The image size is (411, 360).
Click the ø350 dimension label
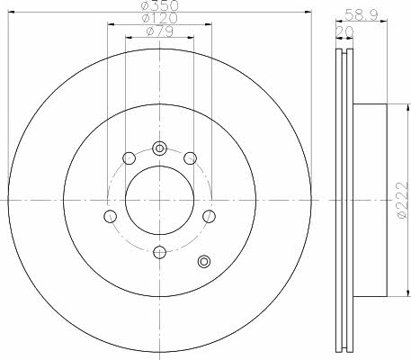[160, 4]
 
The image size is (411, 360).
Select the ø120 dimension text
[160, 18]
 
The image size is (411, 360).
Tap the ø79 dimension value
[160, 31]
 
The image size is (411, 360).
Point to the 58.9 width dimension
[361, 14]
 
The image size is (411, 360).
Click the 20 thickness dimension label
[344, 31]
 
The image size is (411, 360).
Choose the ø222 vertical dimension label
[404, 200]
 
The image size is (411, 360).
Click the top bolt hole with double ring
[159, 148]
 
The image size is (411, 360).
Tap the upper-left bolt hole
[130, 158]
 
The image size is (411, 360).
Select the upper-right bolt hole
[190, 158]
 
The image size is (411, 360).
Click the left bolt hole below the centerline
[110, 216]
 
